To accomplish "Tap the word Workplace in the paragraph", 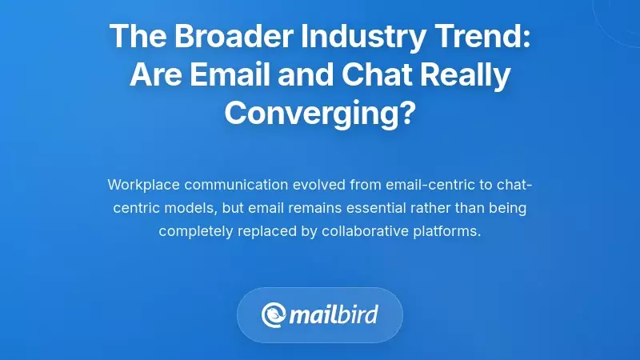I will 144,185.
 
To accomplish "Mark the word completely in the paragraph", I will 196,231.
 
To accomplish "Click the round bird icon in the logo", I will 274,314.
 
